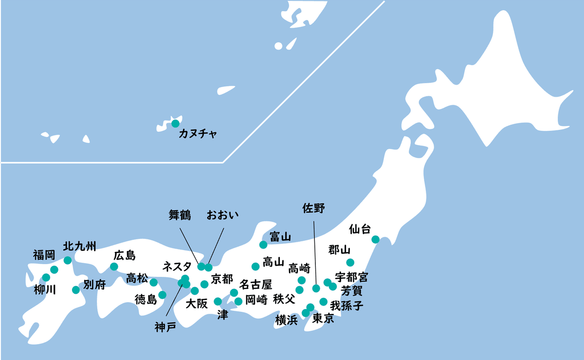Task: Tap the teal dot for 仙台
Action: tap(375, 239)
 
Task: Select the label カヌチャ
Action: tap(198, 133)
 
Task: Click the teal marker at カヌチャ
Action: tap(175, 124)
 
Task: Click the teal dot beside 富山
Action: tap(263, 244)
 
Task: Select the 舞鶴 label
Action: tap(180, 214)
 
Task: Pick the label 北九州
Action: tap(80, 247)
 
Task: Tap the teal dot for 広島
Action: tap(114, 267)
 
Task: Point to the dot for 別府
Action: tap(76, 290)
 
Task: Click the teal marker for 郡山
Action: tap(350, 263)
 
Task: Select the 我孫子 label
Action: tap(347, 306)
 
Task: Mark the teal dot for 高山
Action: tap(255, 267)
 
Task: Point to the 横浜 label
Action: tap(286, 320)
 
